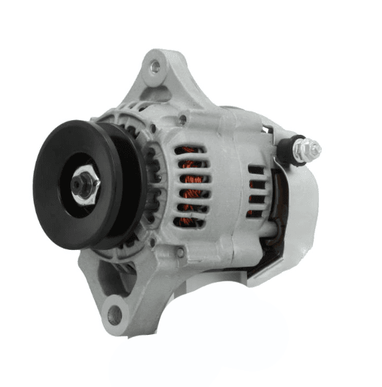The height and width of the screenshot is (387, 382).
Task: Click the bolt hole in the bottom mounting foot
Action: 114,315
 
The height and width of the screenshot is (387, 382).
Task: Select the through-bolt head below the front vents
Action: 180,252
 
